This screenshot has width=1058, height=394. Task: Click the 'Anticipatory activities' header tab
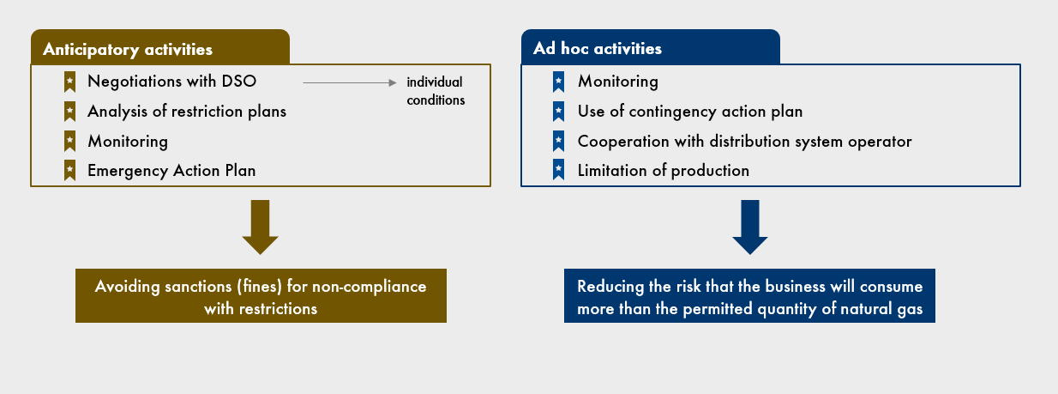click(160, 47)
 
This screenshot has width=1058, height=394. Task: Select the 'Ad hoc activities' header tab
click(651, 47)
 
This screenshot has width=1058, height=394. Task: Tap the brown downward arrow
click(261, 227)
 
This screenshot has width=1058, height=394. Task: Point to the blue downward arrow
click(750, 227)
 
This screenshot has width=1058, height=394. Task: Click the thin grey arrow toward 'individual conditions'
click(350, 82)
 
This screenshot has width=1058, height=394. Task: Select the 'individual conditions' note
click(436, 91)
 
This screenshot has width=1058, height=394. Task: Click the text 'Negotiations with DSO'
click(172, 82)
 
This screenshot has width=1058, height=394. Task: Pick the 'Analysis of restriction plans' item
click(187, 112)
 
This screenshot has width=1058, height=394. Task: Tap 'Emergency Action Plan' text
click(171, 171)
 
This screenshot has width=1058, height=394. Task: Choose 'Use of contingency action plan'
click(690, 112)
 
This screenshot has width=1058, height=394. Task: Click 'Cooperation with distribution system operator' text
click(745, 142)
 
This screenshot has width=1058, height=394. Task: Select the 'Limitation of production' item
click(663, 171)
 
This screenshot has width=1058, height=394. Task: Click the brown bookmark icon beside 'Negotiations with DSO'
click(70, 82)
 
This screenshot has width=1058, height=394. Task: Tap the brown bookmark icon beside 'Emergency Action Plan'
click(70, 170)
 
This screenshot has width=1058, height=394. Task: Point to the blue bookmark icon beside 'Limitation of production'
click(558, 170)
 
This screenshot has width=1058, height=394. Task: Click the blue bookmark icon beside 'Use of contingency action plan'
click(558, 112)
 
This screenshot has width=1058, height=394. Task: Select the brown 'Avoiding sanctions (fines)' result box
click(261, 295)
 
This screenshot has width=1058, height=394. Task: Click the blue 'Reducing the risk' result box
click(749, 295)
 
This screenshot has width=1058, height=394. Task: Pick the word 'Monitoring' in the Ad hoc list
click(618, 82)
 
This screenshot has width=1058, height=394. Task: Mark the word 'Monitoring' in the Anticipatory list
click(128, 142)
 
